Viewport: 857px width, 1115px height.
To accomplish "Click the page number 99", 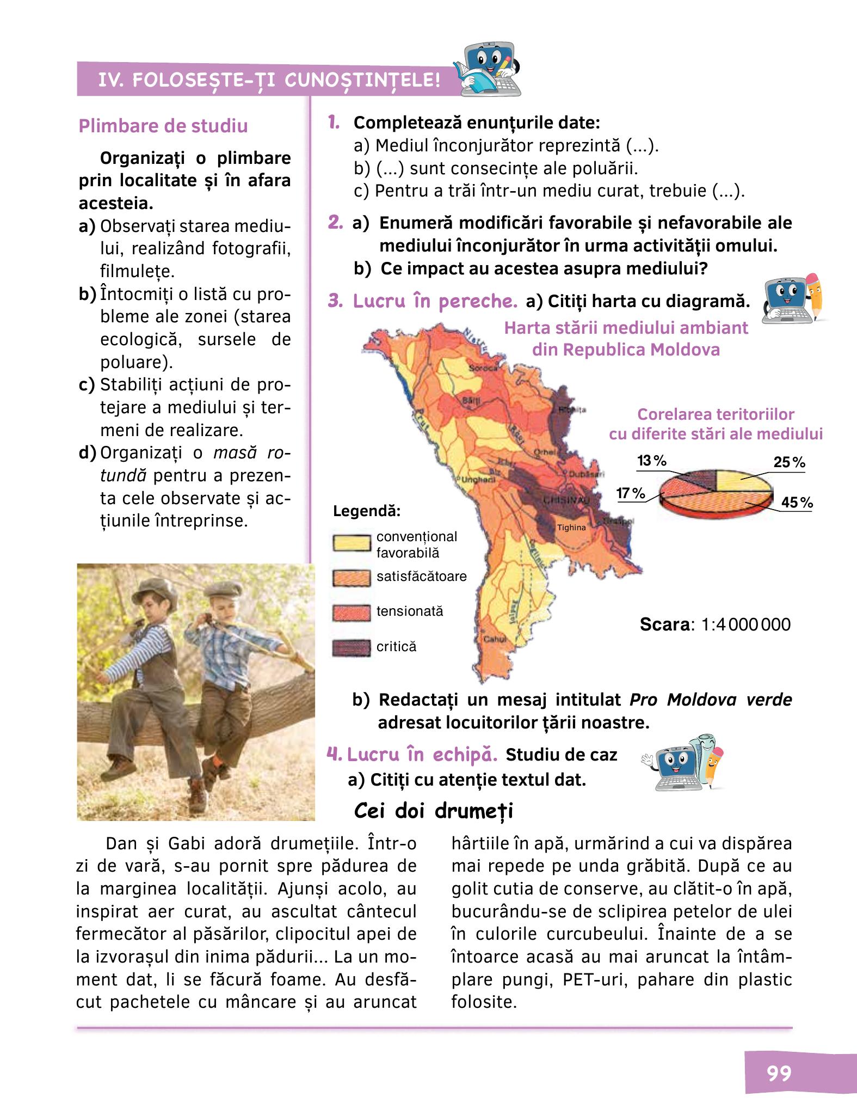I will [x=779, y=1073].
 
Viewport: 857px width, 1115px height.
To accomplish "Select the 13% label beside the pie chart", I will [x=651, y=461].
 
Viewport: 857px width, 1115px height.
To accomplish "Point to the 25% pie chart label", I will [x=789, y=463].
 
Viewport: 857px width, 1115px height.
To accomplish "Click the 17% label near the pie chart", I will [x=631, y=493].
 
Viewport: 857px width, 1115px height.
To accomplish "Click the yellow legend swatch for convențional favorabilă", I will [x=352, y=544].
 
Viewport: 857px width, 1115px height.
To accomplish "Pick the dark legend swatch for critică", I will [x=352, y=648].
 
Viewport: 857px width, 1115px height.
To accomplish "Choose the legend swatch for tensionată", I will [x=352, y=612].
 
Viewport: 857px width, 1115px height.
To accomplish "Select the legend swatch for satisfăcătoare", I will [x=352, y=578].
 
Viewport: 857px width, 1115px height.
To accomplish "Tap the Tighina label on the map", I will [x=571, y=528].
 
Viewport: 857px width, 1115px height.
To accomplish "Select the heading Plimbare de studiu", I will [x=163, y=126].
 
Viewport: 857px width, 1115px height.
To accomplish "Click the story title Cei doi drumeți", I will [x=433, y=811].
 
